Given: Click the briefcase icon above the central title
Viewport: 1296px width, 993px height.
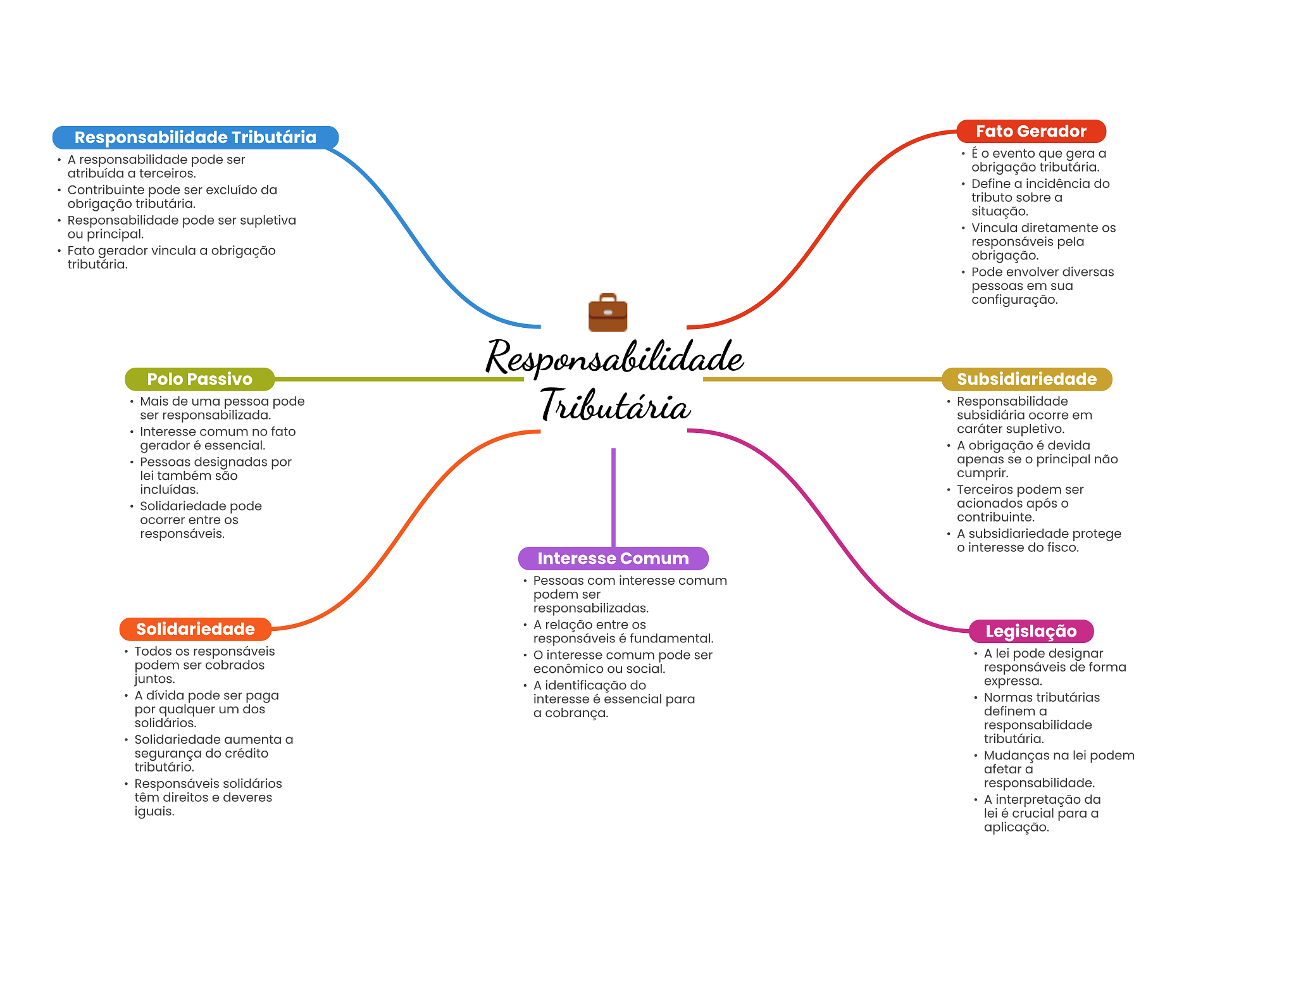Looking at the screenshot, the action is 607,313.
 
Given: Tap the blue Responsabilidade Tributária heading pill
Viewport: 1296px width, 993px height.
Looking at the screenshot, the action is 195,137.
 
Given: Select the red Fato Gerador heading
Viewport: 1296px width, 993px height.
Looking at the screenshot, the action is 1031,131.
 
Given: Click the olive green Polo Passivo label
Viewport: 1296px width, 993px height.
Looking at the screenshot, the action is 199,379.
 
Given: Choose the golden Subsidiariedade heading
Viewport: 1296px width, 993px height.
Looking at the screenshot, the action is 1026,379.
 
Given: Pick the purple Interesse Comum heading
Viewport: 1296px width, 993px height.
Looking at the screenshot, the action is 613,558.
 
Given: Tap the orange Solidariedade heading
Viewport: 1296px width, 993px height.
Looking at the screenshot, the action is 195,629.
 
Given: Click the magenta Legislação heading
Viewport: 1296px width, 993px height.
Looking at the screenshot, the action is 1031,631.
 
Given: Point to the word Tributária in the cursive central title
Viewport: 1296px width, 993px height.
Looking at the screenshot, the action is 615,405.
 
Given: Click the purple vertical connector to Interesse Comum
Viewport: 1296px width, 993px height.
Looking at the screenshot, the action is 613,497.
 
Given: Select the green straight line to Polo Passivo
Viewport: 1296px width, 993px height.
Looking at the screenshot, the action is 399,379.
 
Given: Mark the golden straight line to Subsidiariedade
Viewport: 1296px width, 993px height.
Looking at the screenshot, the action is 823,379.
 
